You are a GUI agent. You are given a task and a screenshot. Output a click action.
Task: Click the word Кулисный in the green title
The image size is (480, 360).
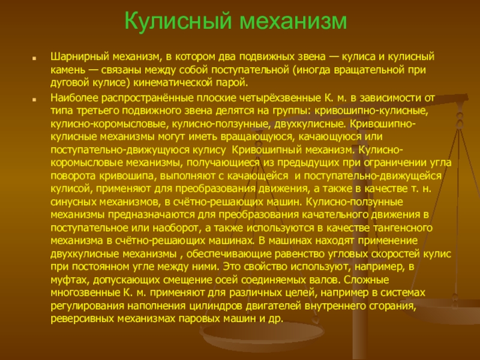click(x=178, y=22)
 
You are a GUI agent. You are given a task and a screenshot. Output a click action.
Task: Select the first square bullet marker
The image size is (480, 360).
click(x=34, y=58)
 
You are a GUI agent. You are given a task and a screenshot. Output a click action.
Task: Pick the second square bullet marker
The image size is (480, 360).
click(x=34, y=100)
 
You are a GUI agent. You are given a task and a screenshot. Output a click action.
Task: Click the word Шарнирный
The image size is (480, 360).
click(x=80, y=57)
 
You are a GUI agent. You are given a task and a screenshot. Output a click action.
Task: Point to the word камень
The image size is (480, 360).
click(x=68, y=70)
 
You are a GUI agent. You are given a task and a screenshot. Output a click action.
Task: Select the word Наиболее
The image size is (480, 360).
click(x=74, y=98)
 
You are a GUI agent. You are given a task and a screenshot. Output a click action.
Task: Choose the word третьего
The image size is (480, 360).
click(x=96, y=111)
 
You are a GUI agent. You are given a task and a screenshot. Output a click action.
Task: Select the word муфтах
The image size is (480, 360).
click(x=70, y=280)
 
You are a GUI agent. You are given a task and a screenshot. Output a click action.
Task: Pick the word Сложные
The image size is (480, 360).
click(x=366, y=280)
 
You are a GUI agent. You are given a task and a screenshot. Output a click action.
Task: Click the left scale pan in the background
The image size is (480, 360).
click(x=262, y=335)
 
